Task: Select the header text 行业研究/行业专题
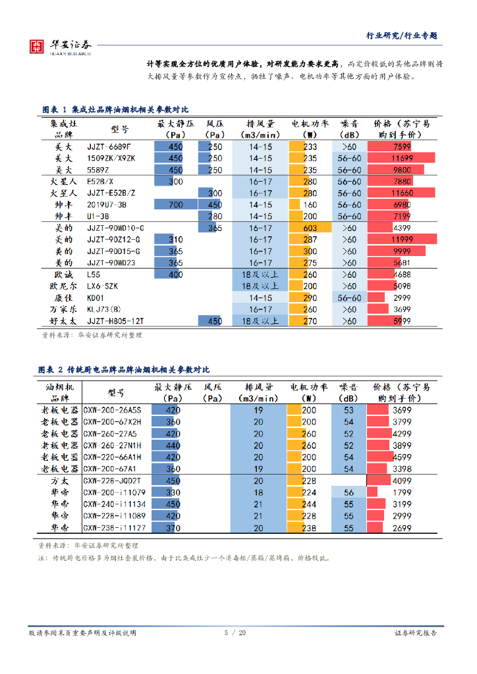point(402,36)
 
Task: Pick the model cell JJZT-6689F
point(109,147)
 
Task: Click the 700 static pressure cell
point(176,205)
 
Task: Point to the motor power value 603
point(310,228)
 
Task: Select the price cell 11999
point(401,240)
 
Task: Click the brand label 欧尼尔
point(64,286)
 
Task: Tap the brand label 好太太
point(64,321)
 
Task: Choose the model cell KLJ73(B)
point(104,309)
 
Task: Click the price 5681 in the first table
point(401,263)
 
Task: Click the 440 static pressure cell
point(173,446)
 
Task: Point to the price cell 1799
point(401,492)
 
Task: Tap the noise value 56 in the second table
point(349,492)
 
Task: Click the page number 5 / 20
point(235,633)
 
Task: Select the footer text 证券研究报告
point(416,633)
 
